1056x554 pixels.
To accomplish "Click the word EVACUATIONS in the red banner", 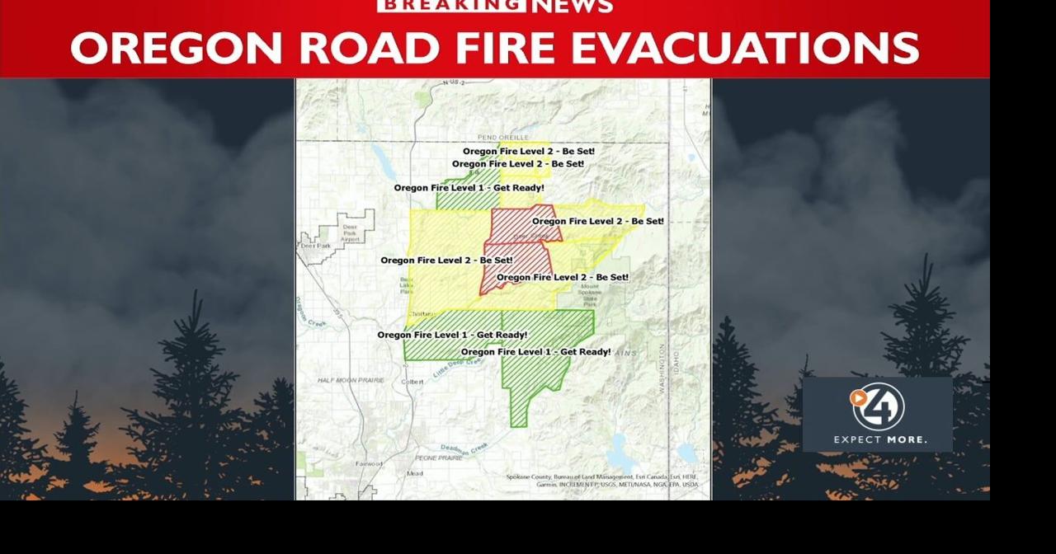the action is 746,48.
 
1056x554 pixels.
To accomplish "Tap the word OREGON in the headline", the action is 177,48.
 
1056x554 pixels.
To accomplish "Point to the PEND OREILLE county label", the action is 502,137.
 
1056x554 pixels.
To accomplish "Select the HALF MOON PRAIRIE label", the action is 351,380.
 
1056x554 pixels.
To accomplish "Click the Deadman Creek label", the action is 464,448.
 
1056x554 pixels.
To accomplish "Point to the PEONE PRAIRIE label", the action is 439,458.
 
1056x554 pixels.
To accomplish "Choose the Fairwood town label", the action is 368,464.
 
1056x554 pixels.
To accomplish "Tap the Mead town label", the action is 414,473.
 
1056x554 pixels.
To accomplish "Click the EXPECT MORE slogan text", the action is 879,439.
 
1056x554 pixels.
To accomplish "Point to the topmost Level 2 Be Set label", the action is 528,152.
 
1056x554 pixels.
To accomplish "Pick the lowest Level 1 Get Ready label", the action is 535,352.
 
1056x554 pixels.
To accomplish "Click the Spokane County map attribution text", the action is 601,480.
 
